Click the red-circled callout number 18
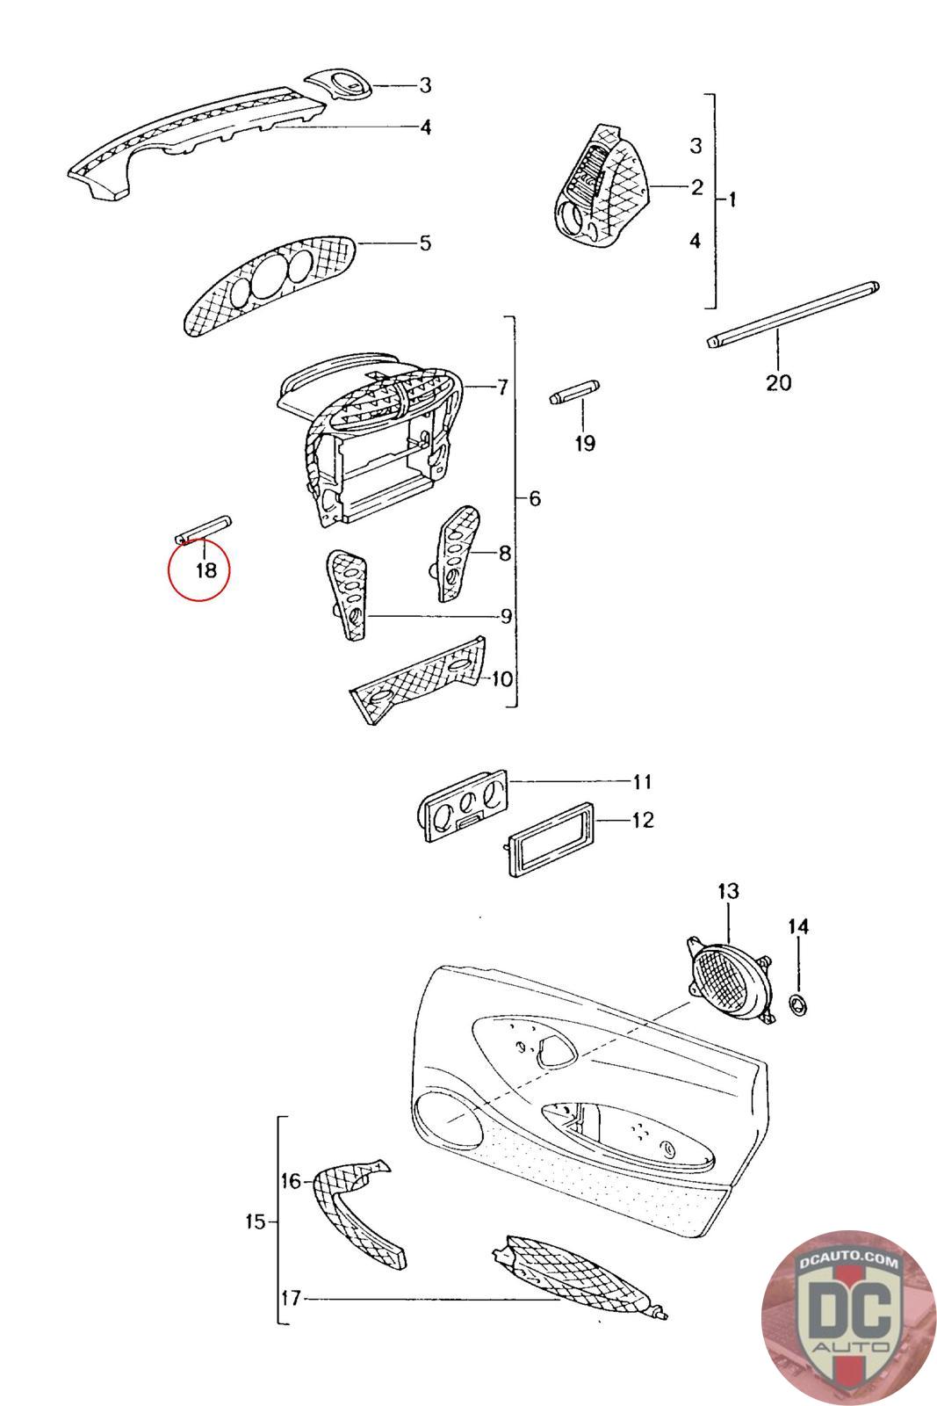[205, 570]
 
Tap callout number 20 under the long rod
[778, 382]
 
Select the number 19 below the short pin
[585, 443]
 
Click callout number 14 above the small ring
[797, 926]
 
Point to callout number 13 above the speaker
[728, 891]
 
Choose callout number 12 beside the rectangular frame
[643, 820]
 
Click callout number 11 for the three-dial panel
[642, 781]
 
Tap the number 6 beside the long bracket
[534, 499]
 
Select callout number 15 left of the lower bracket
[255, 1221]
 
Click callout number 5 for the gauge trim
[425, 243]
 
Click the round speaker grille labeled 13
[728, 978]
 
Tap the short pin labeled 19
[573, 391]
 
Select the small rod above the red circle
[202, 529]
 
